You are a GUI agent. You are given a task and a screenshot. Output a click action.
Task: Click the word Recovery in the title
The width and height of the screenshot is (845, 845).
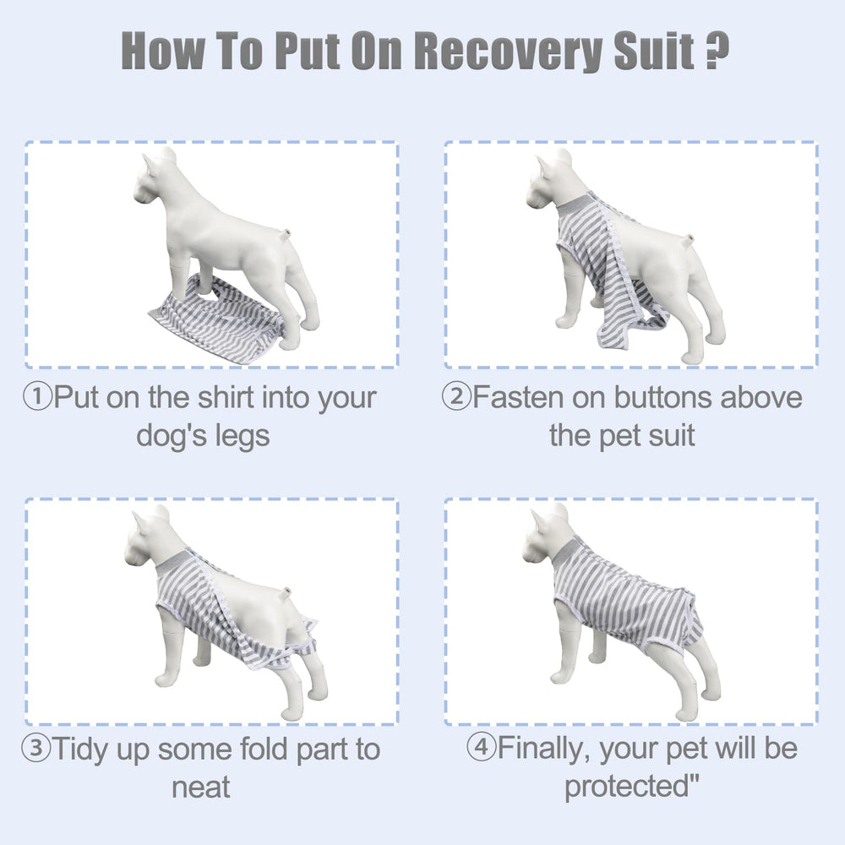click(x=510, y=51)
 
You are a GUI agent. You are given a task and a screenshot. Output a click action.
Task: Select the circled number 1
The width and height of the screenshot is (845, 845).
click(x=37, y=396)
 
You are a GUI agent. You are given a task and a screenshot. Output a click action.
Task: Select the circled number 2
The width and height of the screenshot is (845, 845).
click(x=456, y=396)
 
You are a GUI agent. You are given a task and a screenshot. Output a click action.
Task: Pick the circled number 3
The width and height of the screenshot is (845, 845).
click(x=36, y=748)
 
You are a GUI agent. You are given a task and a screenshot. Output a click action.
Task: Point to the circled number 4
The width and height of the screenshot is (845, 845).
click(x=481, y=747)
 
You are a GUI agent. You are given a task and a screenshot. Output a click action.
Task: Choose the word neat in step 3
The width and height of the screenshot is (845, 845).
click(x=201, y=788)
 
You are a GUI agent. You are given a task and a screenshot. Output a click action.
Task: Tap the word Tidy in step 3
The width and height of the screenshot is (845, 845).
click(x=80, y=750)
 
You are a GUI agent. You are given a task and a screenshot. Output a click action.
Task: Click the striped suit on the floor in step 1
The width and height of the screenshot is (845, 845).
click(x=217, y=319)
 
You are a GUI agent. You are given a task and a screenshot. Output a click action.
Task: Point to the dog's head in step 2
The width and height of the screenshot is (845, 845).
click(x=550, y=181)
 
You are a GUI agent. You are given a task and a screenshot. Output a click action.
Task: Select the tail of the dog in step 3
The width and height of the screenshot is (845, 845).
click(x=285, y=593)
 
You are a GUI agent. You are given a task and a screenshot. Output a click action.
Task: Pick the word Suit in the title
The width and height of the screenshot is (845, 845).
click(x=654, y=51)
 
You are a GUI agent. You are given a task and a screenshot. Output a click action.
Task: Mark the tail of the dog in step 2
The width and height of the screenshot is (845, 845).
click(x=687, y=240)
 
